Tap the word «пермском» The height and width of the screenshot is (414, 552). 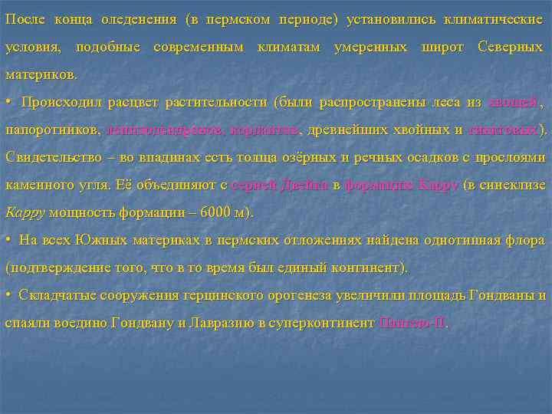click(x=235, y=19)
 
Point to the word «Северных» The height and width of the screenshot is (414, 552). click(x=511, y=47)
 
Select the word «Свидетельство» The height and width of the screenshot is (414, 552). click(x=52, y=157)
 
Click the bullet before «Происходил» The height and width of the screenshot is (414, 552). click(x=8, y=102)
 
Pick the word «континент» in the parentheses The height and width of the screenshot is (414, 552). click(x=365, y=268)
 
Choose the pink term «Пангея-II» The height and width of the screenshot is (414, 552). click(x=412, y=323)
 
